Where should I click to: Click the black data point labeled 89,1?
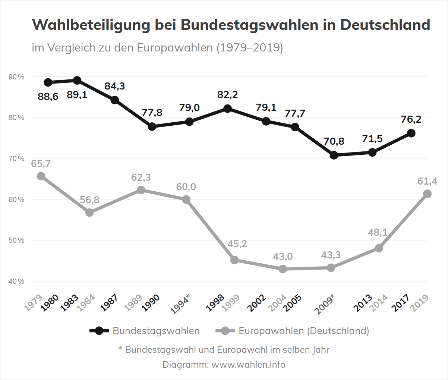click(x=77, y=81)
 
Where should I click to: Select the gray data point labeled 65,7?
click(x=41, y=176)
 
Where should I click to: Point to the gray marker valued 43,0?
click(x=283, y=269)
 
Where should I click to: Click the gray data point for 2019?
click(x=428, y=194)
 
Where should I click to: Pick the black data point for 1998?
click(x=227, y=109)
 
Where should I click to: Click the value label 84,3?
click(x=115, y=86)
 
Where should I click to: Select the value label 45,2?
click(x=237, y=244)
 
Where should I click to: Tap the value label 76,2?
click(x=411, y=119)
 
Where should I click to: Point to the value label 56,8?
click(x=90, y=200)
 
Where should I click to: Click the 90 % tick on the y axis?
click(x=17, y=77)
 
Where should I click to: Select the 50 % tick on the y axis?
click(x=17, y=241)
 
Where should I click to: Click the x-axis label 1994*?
click(x=180, y=304)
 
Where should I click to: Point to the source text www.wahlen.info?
click(x=248, y=364)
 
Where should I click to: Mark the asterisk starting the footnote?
click(x=120, y=349)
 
